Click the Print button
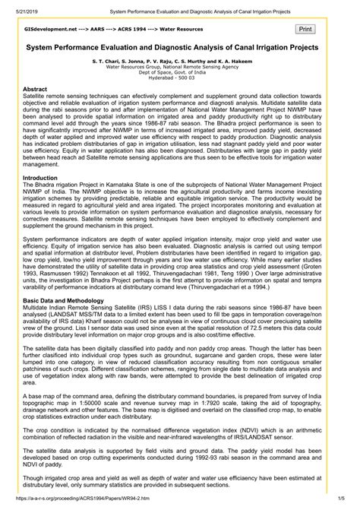[305, 28]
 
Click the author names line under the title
[180, 59]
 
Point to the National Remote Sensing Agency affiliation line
[180, 67]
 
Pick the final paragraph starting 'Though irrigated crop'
[180, 484]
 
